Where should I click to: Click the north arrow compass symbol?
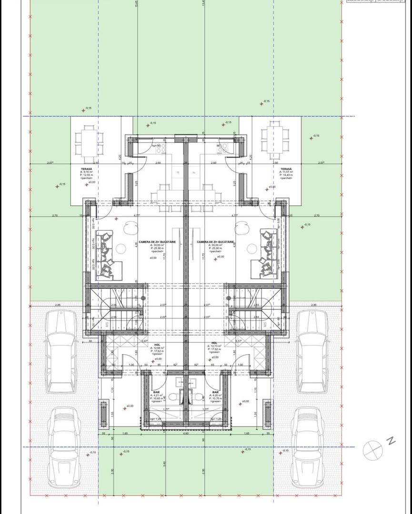[x=372, y=448]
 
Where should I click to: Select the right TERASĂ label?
[x=286, y=169]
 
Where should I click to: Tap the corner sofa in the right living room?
[x=268, y=255]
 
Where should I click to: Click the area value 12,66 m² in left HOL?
[x=158, y=348]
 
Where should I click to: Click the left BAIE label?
[x=156, y=391]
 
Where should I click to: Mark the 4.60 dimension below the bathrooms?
[x=186, y=434]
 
